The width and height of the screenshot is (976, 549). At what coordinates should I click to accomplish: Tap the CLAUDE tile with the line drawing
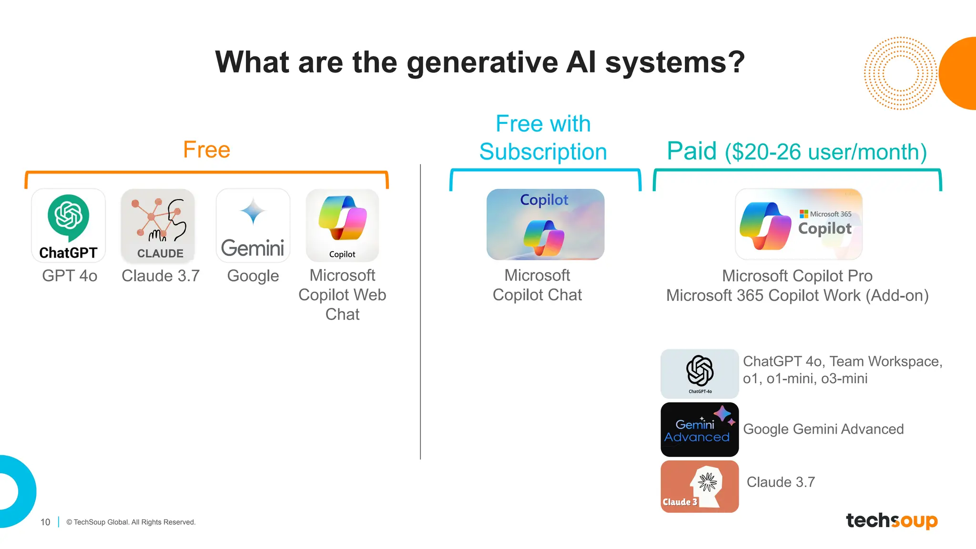pos(158,225)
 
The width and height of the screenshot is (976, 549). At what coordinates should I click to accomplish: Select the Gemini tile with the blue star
pos(253,225)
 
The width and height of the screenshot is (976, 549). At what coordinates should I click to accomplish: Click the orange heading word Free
pos(206,150)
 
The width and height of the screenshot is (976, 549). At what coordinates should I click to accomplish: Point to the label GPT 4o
pos(70,276)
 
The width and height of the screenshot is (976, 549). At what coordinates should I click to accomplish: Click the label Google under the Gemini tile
pos(253,276)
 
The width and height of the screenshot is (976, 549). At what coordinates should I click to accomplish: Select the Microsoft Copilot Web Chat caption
pos(342,295)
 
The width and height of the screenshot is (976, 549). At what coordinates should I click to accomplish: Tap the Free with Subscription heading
pos(543,138)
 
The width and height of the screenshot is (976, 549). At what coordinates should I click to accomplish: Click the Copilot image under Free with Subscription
pos(545,224)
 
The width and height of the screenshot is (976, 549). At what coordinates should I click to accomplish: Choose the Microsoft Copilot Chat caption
pos(537,285)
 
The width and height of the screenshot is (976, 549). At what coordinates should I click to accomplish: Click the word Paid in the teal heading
pos(691,151)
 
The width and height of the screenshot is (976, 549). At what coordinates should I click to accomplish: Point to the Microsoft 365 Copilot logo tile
pos(798,224)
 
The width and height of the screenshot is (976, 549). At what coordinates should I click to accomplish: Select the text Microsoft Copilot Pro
pos(797,276)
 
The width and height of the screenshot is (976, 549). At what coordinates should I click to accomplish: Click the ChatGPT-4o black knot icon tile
pos(700,374)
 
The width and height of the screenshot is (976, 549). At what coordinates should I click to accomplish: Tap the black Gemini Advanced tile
pos(700,429)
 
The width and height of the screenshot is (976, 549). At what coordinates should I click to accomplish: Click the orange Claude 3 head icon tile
pos(700,487)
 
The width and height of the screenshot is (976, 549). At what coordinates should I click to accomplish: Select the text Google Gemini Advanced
pos(823,429)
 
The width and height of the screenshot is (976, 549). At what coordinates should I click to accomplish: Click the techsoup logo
pos(891,520)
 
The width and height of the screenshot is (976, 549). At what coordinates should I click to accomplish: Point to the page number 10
pos(45,522)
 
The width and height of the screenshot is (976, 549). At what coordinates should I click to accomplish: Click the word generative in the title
pos(482,62)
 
